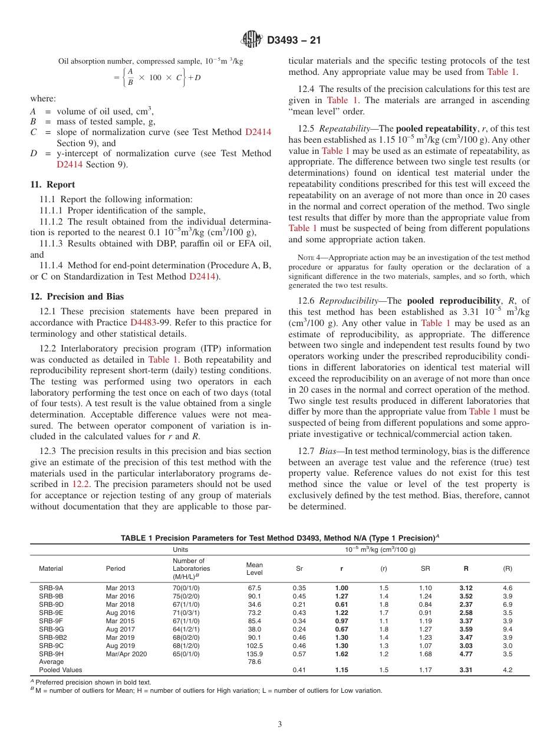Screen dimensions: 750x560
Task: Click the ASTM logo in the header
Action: (252, 41)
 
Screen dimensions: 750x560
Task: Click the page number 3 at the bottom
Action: (280, 725)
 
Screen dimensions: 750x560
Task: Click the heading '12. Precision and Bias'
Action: (77, 297)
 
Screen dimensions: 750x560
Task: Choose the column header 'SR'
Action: (424, 568)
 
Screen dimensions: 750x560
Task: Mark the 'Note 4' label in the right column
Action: (307, 258)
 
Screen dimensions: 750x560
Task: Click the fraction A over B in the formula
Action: (130, 77)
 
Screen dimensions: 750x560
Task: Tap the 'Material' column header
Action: (51, 568)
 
